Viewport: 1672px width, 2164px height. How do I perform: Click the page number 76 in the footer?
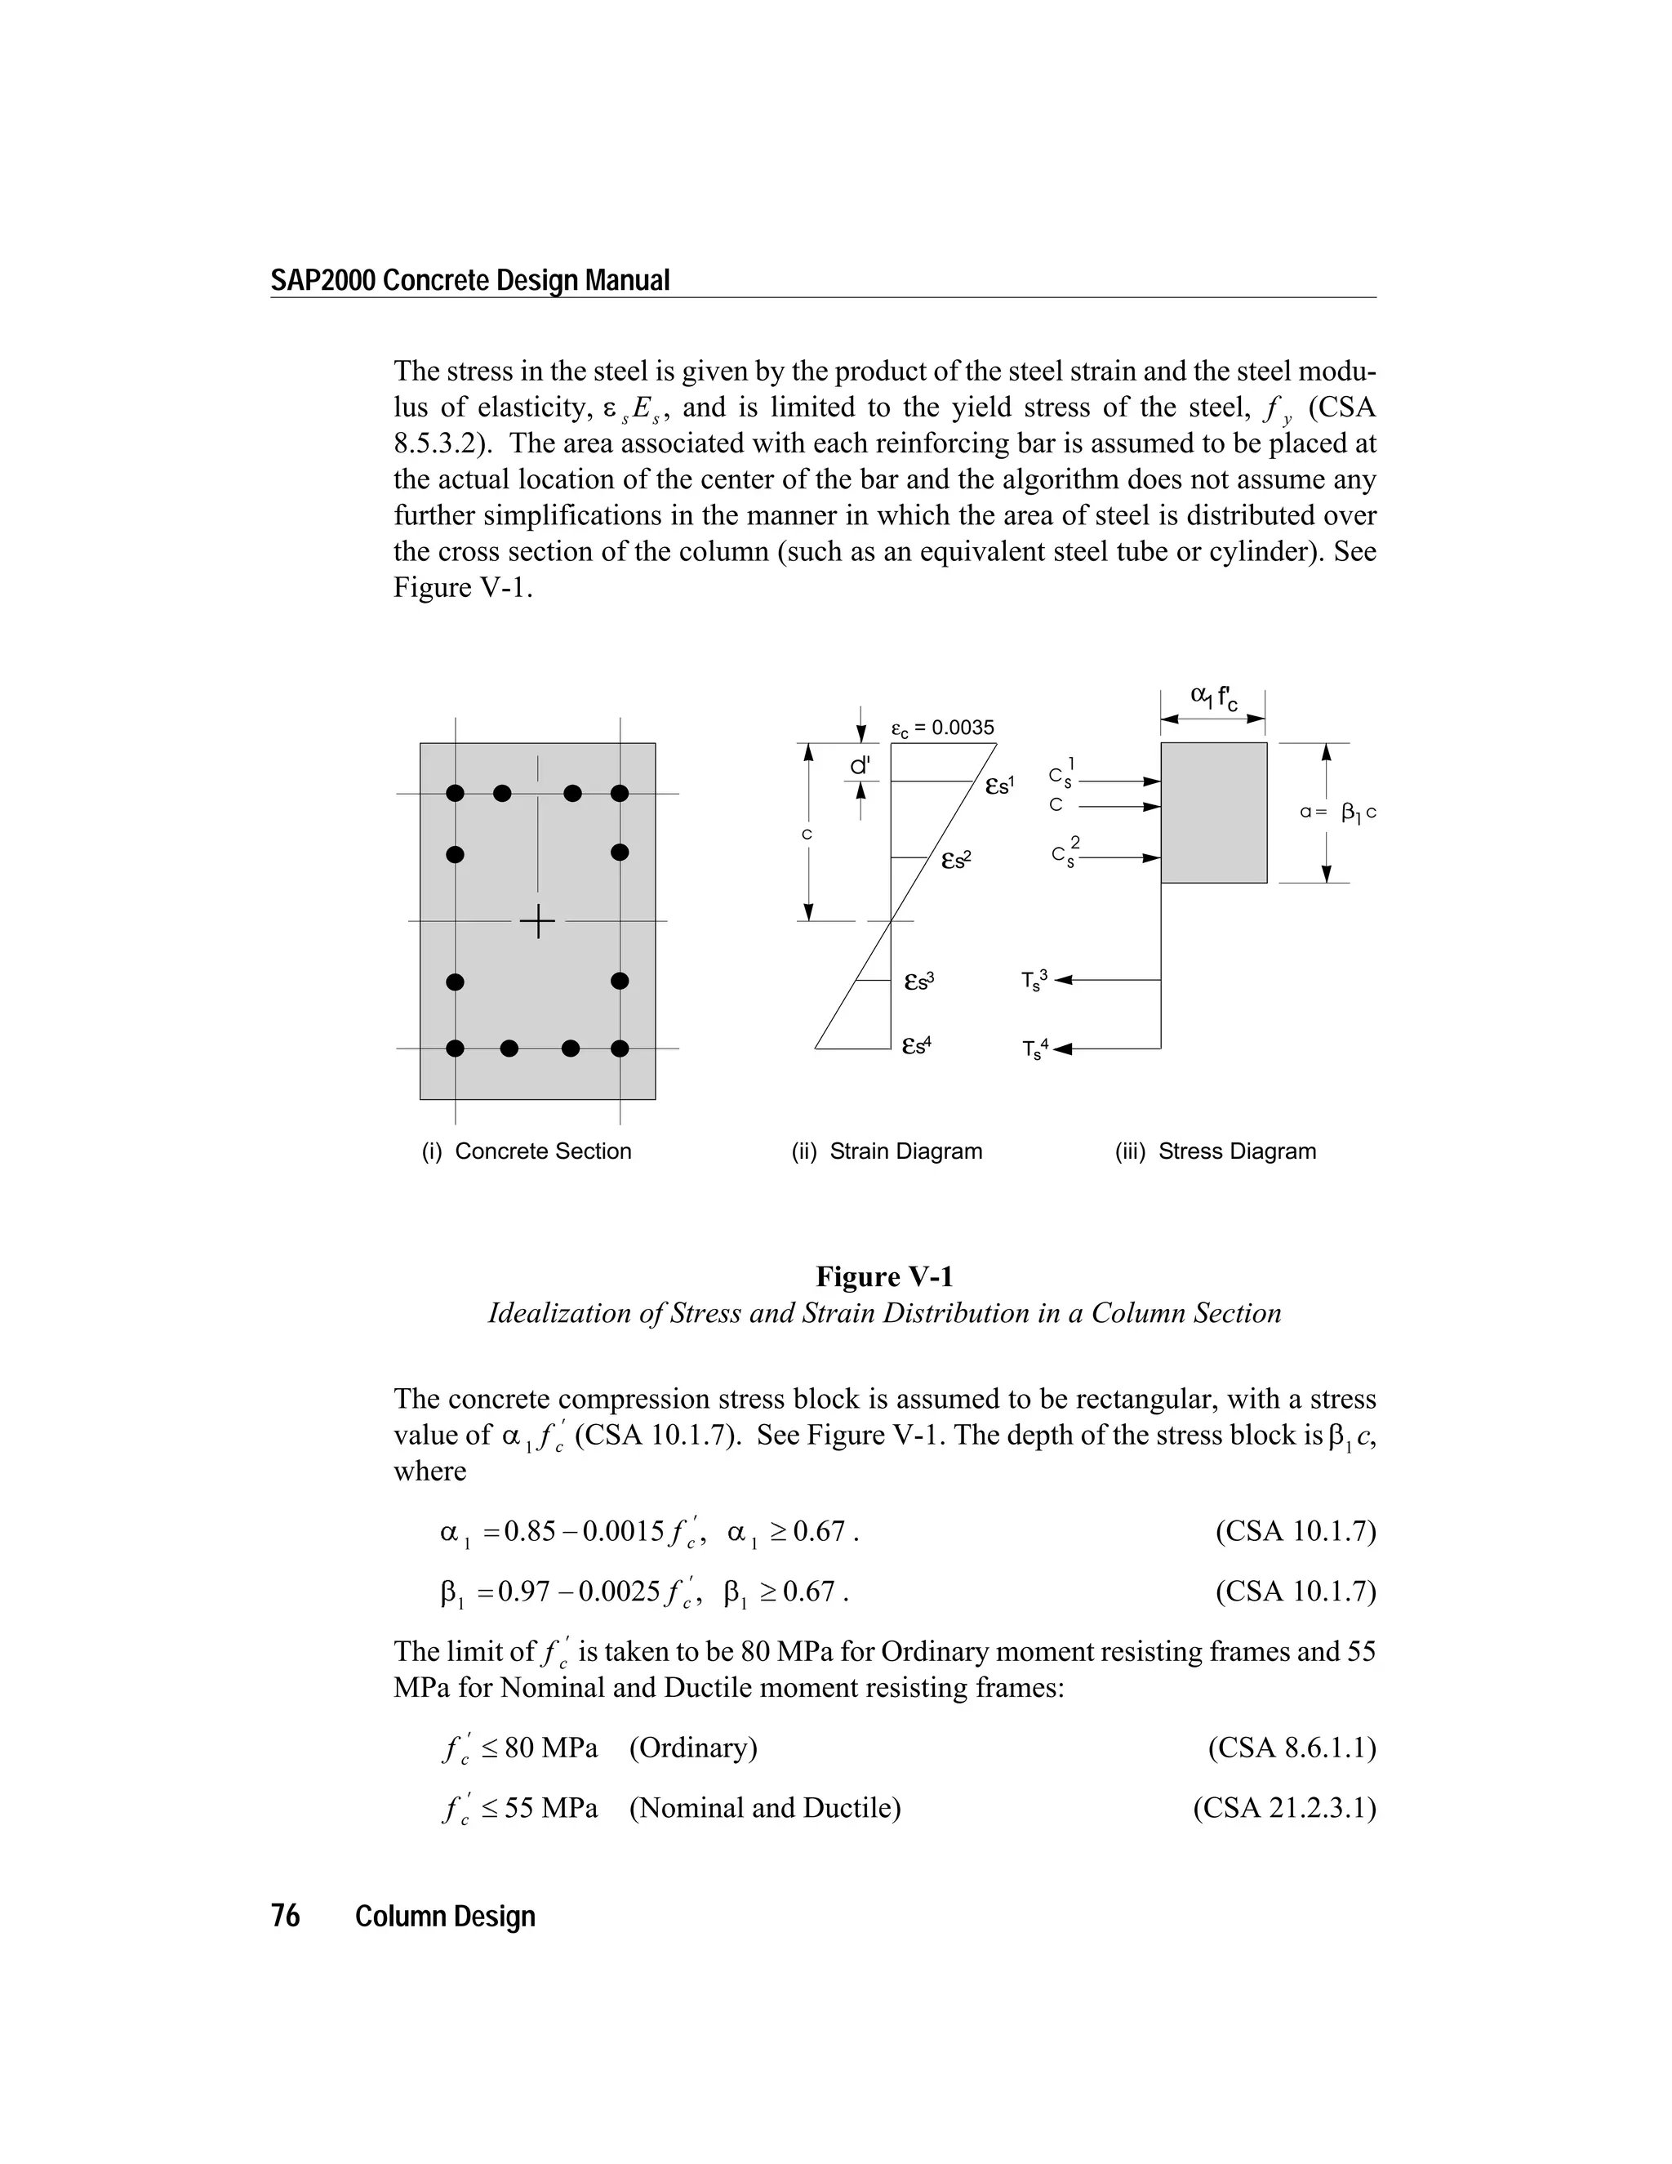click(285, 1917)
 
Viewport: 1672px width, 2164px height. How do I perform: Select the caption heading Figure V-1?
click(883, 1276)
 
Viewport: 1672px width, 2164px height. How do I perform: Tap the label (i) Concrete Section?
click(526, 1151)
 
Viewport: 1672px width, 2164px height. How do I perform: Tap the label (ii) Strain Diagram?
click(887, 1151)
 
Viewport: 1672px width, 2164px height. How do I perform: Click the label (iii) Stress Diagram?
click(1216, 1151)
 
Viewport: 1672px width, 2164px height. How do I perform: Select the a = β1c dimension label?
click(1337, 813)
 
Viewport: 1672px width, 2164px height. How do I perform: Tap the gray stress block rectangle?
click(1213, 813)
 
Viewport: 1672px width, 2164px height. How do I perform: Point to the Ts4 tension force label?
click(1032, 1049)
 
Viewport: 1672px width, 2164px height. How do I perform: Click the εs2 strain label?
click(956, 860)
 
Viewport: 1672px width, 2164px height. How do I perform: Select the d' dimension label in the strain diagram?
click(860, 766)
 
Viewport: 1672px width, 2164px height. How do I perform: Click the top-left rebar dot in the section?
click(456, 793)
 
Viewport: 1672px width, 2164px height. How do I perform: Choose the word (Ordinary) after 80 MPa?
click(692, 1747)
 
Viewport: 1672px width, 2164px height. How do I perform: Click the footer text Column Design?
click(445, 1917)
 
